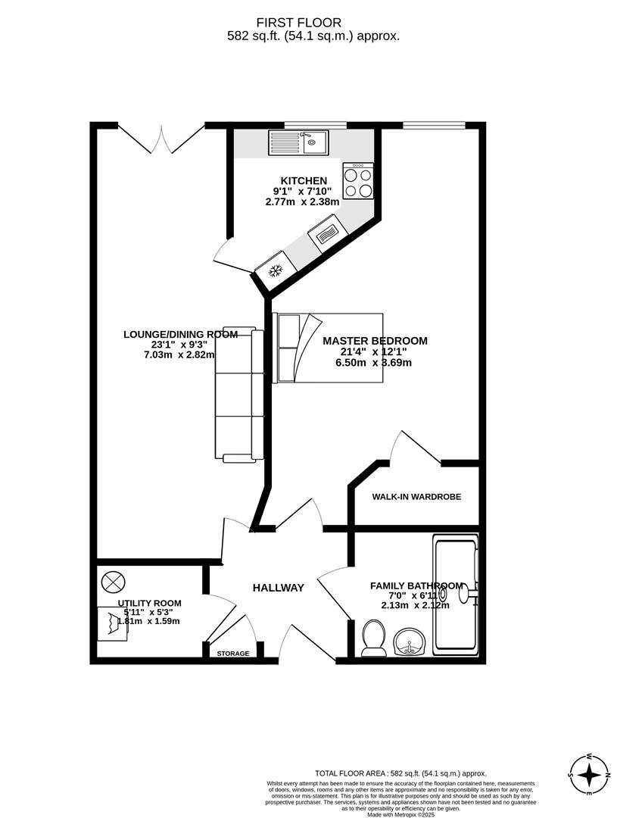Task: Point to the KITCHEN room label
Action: coord(304,181)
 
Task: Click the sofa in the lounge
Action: coord(240,395)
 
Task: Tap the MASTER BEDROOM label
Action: coord(375,341)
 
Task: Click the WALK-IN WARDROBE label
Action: coord(416,497)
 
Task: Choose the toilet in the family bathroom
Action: coord(372,638)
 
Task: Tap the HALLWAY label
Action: coord(278,588)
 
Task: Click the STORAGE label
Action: coord(232,653)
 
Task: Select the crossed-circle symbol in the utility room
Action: coord(112,582)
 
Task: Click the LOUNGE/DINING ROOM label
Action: coord(180,334)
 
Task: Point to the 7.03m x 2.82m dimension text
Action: coord(179,354)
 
